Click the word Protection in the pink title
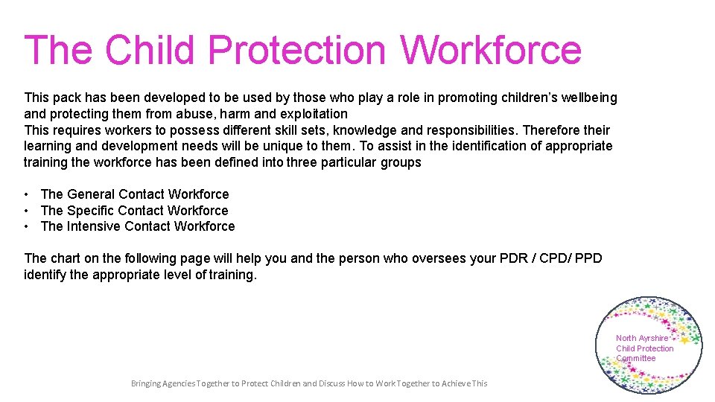296,51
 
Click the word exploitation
314,114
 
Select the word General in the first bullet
91,194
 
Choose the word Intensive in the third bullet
94,226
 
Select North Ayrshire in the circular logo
642,338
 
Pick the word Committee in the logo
635,358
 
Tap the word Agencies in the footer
179,383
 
